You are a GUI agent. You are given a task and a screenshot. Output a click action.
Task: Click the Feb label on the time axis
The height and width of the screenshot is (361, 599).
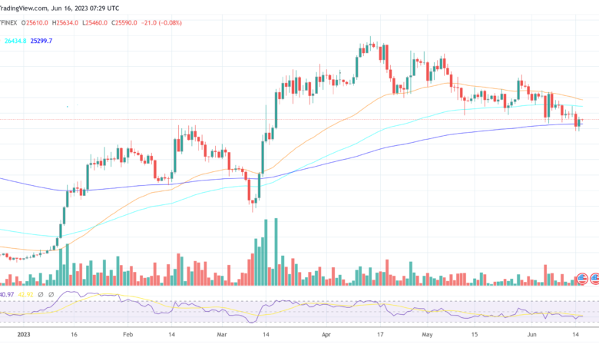click(x=127, y=335)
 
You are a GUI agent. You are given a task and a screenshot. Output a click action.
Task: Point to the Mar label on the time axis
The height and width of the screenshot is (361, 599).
click(x=222, y=335)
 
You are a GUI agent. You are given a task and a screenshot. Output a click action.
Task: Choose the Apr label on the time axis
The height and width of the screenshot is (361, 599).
click(x=327, y=335)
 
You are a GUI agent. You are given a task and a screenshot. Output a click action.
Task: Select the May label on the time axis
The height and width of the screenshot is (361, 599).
click(x=428, y=335)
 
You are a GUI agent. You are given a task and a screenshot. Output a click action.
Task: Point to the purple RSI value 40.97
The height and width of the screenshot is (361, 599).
click(x=8, y=293)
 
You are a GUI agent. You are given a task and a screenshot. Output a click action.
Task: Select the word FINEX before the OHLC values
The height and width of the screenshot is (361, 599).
click(x=12, y=23)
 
